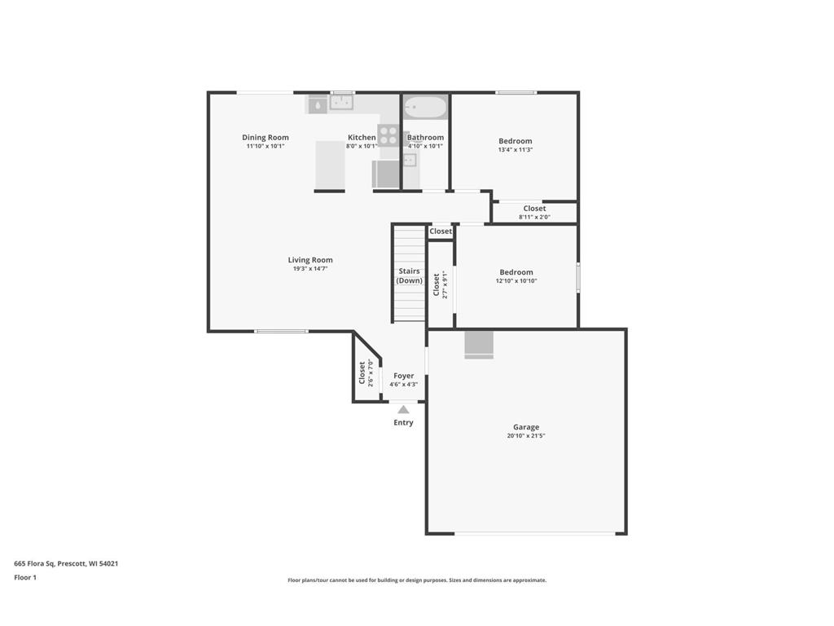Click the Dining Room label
pos(265,138)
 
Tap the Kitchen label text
pos(362,138)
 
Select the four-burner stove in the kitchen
pos(388,134)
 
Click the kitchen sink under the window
pos(341,103)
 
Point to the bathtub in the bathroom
pos(426,108)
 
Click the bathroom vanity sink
pos(410,160)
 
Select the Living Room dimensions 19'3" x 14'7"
pos(310,269)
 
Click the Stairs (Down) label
pos(409,276)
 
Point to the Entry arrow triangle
pos(403,410)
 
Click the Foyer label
pos(403,376)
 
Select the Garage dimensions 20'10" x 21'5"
pos(525,436)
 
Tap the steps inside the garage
pos(479,345)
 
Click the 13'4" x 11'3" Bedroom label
pos(515,145)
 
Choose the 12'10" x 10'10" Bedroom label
pos(516,276)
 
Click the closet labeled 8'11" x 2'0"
pos(534,212)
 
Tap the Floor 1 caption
pos(25,577)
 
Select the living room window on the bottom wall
pos(281,331)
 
